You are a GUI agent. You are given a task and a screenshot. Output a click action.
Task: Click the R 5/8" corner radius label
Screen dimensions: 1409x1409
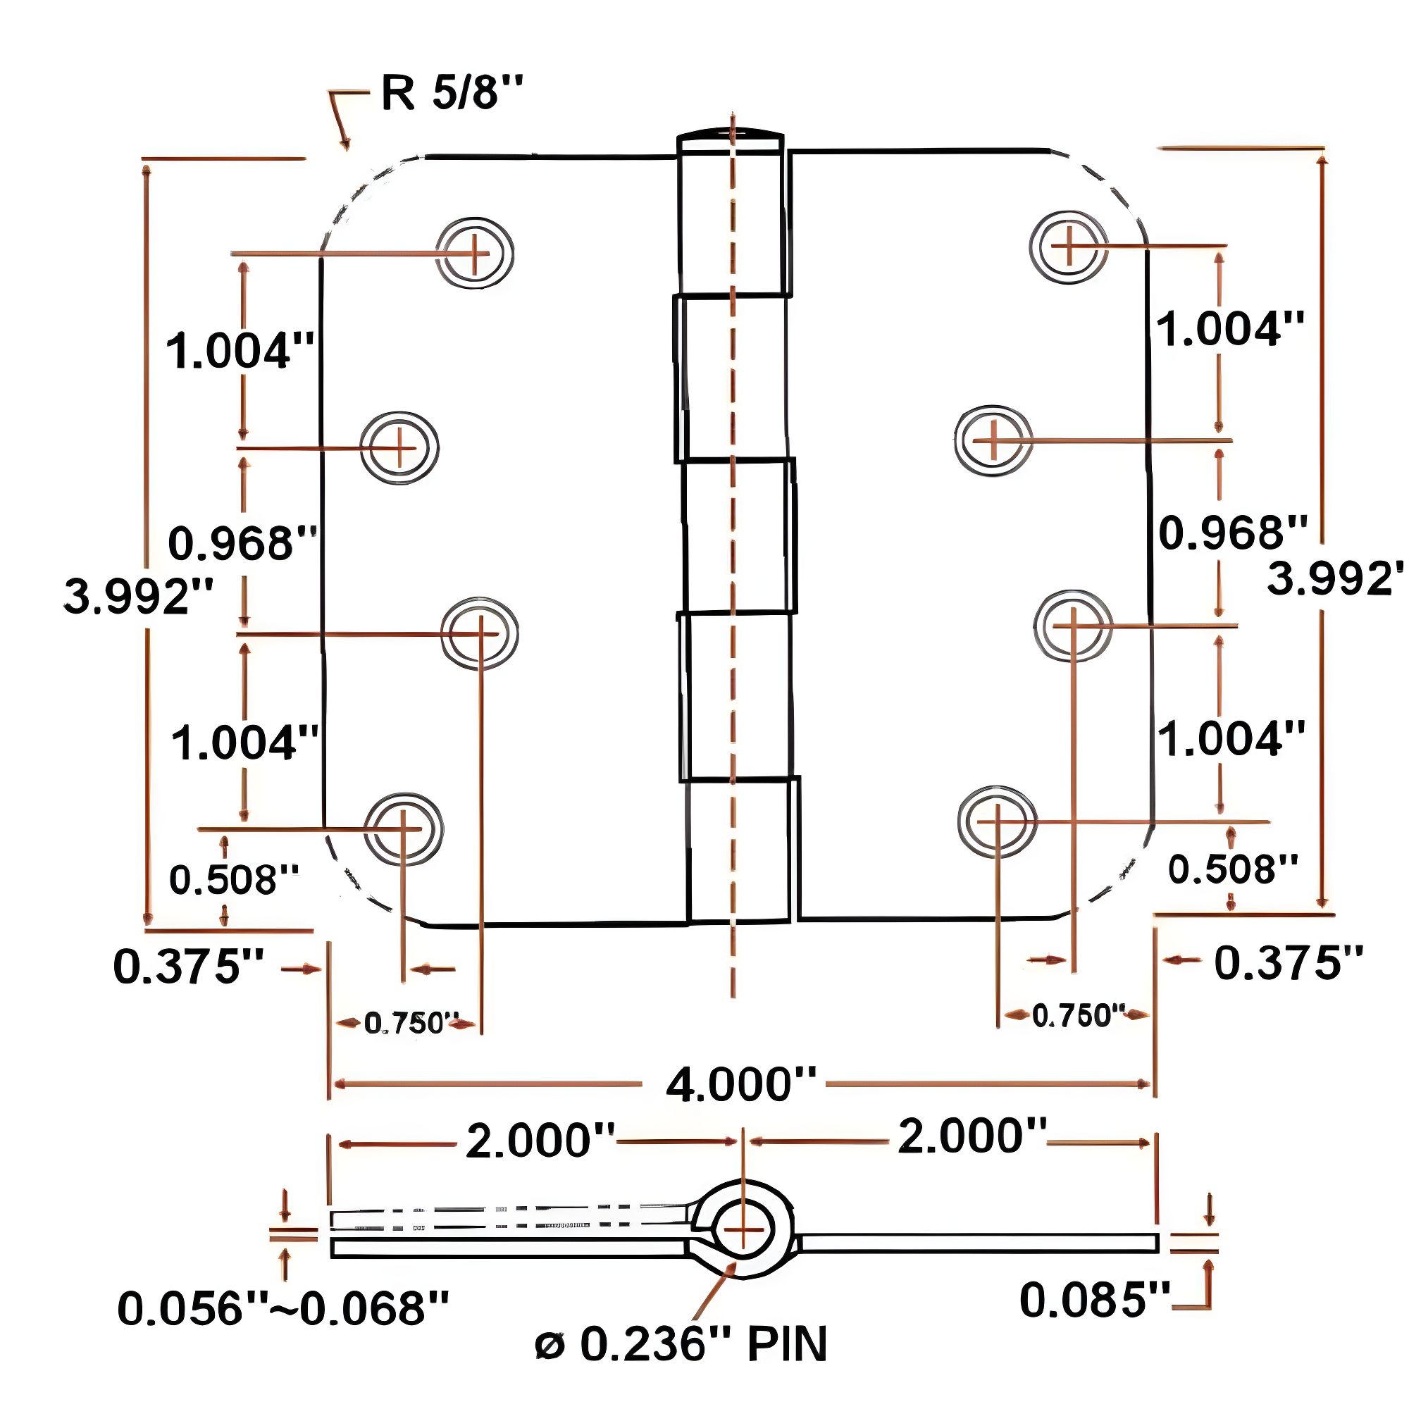coord(452,94)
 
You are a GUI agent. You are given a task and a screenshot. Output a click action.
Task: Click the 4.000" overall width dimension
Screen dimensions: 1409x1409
coord(740,1084)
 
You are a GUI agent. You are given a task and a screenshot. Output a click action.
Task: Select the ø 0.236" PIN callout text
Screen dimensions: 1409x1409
coord(681,1344)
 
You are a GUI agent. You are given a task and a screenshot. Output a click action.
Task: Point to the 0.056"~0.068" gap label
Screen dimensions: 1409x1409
coord(283,1308)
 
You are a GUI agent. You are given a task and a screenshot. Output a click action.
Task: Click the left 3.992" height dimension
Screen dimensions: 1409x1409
coord(139,596)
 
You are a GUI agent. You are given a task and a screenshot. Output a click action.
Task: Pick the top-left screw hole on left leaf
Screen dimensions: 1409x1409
coord(475,253)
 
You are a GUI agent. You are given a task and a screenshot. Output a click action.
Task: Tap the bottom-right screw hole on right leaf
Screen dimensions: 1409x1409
coord(997,821)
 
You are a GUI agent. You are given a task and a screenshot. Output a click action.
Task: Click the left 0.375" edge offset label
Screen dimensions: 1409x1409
coord(188,967)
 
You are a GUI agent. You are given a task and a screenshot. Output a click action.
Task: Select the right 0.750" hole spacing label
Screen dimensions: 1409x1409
coord(1078,1015)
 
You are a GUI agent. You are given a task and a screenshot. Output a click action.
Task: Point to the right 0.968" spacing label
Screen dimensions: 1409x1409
coord(1232,533)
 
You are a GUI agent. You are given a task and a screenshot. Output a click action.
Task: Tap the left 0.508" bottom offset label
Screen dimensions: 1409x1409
coord(234,879)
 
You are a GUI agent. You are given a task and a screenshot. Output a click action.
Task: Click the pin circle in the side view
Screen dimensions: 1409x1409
coord(743,1229)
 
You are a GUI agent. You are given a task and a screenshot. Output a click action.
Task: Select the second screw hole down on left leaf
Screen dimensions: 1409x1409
coord(399,448)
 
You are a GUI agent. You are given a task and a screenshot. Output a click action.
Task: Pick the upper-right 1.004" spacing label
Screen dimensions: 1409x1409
coord(1229,329)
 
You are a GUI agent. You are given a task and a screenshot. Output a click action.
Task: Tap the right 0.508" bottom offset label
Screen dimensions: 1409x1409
coord(1232,869)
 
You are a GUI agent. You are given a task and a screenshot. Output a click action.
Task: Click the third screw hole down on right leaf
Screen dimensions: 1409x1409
coord(1073,626)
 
